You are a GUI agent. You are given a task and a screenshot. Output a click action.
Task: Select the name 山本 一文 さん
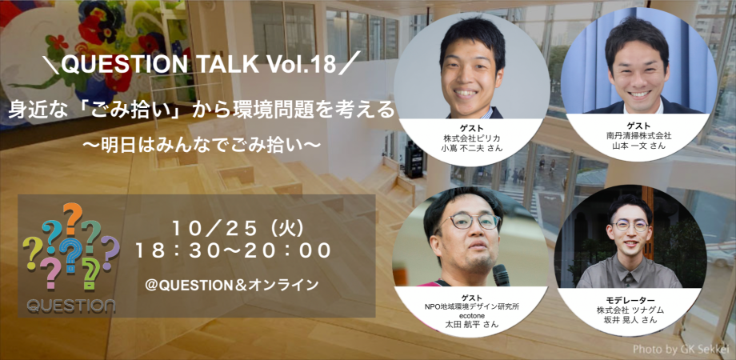tap(638, 146)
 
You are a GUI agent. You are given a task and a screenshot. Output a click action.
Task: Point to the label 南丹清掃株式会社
tap(638, 136)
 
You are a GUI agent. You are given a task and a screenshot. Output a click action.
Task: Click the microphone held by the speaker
tap(502, 277)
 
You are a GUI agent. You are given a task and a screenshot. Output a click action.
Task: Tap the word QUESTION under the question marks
tap(70, 305)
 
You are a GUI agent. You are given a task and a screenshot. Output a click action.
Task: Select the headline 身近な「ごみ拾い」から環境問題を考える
tap(202, 111)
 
